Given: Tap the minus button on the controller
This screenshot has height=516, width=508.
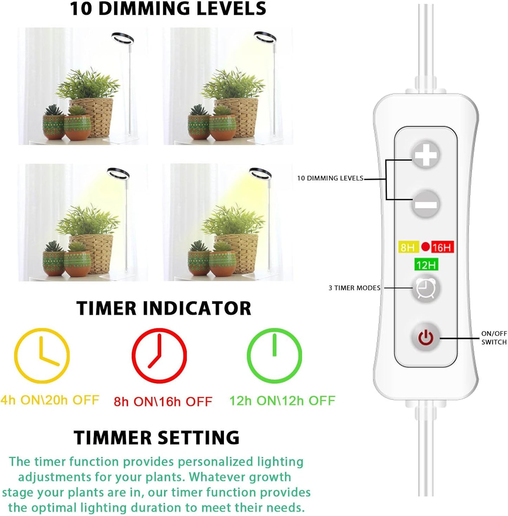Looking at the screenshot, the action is [426, 204].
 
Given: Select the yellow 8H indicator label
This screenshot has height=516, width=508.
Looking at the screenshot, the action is [408, 247].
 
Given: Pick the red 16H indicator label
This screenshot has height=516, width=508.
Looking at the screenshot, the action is [442, 247].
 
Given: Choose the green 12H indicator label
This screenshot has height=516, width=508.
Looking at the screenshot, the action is [426, 265].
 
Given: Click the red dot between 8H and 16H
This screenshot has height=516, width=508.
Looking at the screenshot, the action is [425, 247].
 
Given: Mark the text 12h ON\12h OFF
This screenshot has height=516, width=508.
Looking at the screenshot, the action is [282, 401].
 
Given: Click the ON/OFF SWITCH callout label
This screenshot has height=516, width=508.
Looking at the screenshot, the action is [494, 338].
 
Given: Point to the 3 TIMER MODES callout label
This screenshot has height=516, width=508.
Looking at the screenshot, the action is [354, 288].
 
